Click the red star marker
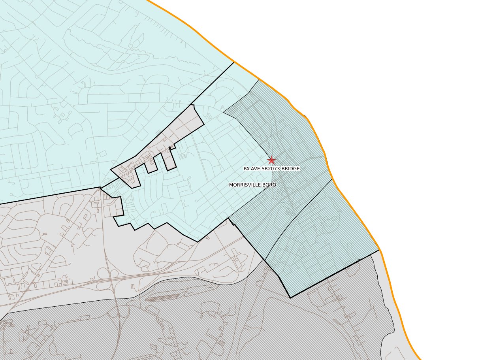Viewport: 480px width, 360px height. (x=271, y=160)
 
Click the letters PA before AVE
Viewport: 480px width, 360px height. (x=246, y=169)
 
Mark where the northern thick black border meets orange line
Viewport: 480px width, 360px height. (x=234, y=62)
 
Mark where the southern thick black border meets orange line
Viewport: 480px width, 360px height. (x=379, y=250)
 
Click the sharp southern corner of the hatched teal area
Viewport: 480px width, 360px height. (x=290, y=298)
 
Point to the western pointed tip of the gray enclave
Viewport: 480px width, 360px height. (x=111, y=170)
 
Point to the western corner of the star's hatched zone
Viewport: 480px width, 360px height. (x=224, y=112)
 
